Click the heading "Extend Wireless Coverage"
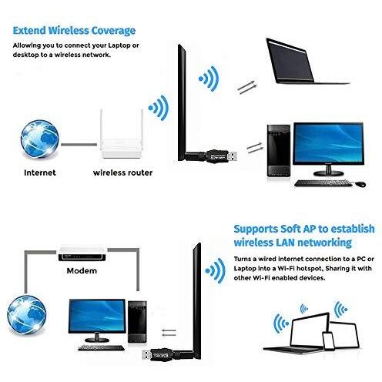74,31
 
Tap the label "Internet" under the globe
40,173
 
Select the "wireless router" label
122,173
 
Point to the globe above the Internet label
39,139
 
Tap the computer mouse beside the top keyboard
360,184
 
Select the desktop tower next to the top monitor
279,151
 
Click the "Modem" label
82,271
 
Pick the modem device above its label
82,253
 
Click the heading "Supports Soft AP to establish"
304,229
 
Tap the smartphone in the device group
329,341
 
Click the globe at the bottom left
27,315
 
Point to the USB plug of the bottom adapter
147,356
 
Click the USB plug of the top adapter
232,156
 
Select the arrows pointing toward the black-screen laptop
246,87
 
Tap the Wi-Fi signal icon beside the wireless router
158,108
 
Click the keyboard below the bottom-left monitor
101,348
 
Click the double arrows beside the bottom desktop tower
169,333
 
